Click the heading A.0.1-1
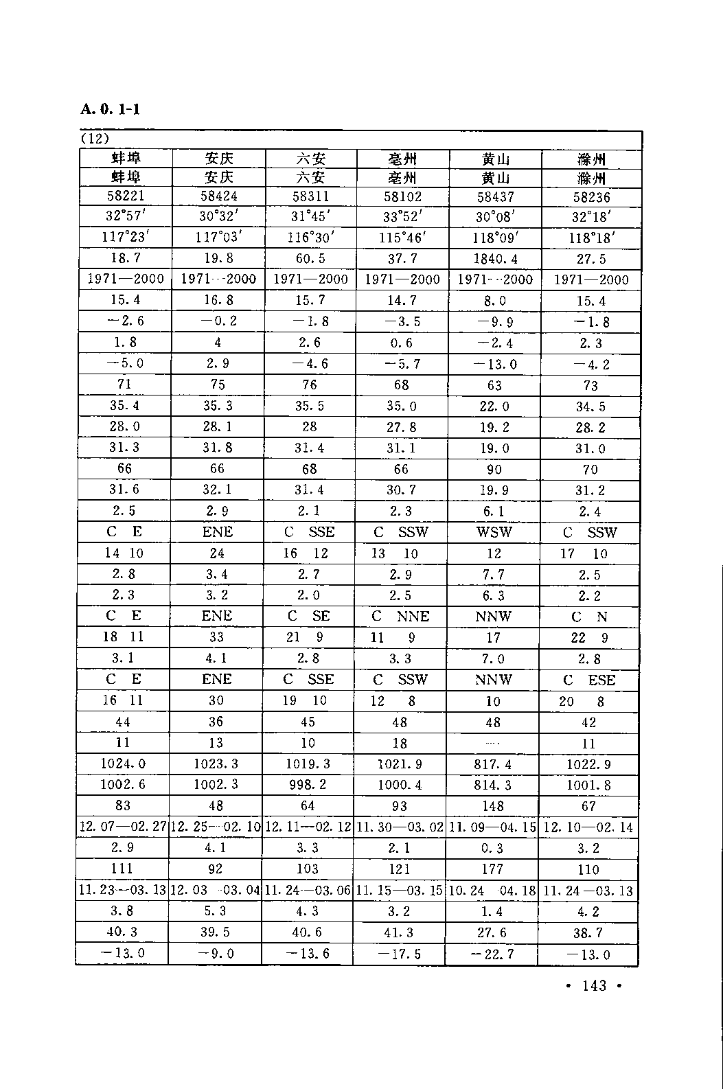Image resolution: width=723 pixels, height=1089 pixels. click(x=110, y=109)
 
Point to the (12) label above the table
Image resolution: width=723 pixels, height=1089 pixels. click(x=95, y=138)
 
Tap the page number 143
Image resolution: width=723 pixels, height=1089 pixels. click(x=594, y=986)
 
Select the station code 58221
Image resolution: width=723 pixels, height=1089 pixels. click(x=126, y=196)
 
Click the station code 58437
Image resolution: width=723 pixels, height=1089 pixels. click(x=495, y=197)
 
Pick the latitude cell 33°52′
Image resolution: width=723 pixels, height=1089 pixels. click(x=402, y=217)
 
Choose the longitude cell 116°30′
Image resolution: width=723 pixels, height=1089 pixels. click(x=310, y=238)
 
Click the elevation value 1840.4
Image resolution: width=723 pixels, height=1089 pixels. click(x=495, y=259)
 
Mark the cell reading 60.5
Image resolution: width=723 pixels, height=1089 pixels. click(x=310, y=258)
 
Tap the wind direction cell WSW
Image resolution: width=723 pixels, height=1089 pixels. click(x=494, y=532)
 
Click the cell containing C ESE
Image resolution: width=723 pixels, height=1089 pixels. click(x=589, y=680)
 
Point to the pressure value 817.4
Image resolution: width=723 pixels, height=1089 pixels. click(x=494, y=764)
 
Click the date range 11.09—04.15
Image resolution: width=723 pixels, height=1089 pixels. click(x=492, y=827)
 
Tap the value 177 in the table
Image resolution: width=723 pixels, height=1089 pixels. click(x=492, y=869)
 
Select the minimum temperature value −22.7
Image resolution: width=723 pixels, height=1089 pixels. click(x=492, y=954)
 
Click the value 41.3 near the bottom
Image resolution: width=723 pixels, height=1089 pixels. click(x=400, y=932)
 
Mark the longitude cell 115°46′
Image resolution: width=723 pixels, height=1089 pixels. click(x=402, y=238)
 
